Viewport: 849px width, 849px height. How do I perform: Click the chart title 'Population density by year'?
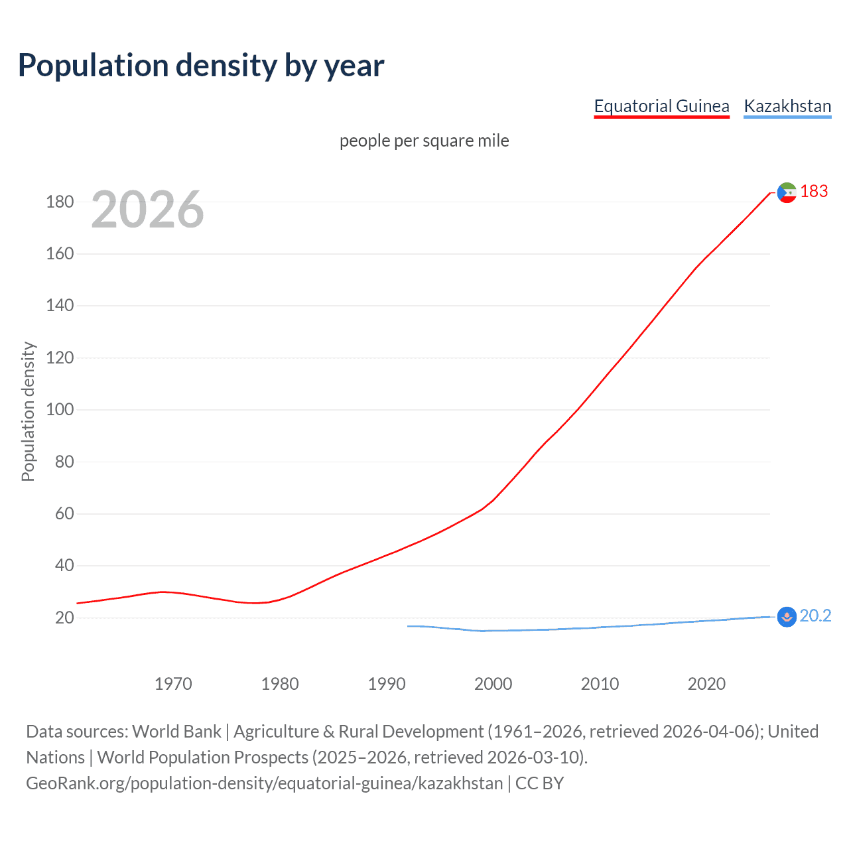pyautogui.click(x=201, y=66)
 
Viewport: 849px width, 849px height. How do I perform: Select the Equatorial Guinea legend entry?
pyautogui.click(x=661, y=106)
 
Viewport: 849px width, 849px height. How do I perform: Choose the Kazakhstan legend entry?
pyautogui.click(x=787, y=106)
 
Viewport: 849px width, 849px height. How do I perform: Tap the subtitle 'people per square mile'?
pyautogui.click(x=424, y=141)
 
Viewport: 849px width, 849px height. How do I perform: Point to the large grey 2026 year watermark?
pyautogui.click(x=147, y=210)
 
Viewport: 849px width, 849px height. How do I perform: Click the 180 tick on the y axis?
pyautogui.click(x=60, y=202)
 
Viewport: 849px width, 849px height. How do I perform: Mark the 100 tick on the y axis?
pyautogui.click(x=60, y=409)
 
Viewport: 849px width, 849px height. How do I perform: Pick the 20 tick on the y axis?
pyautogui.click(x=64, y=618)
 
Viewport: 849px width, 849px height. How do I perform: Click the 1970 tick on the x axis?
pyautogui.click(x=173, y=684)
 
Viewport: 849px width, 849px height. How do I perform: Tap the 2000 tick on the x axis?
pyautogui.click(x=493, y=684)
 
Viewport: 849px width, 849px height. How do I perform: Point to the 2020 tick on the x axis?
pyautogui.click(x=706, y=684)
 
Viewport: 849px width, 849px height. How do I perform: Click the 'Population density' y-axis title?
pyautogui.click(x=28, y=411)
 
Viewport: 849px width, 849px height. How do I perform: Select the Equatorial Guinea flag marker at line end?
pyautogui.click(x=787, y=192)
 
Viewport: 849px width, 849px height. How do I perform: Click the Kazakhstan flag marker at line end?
pyautogui.click(x=787, y=617)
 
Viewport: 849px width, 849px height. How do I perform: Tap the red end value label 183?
pyautogui.click(x=814, y=192)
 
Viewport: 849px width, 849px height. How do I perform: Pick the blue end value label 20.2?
pyautogui.click(x=815, y=616)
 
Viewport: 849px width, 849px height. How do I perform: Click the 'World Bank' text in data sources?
pyautogui.click(x=176, y=732)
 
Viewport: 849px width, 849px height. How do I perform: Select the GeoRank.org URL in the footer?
pyautogui.click(x=264, y=783)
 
